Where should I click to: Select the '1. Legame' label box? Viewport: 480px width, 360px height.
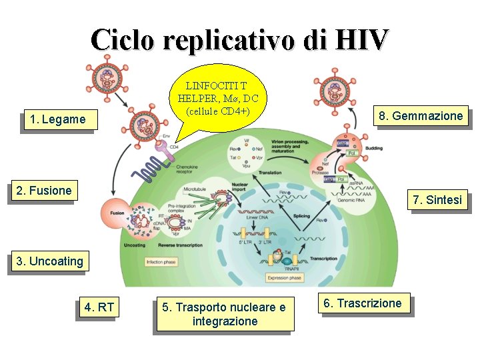[57, 119]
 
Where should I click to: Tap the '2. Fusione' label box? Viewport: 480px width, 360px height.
[44, 191]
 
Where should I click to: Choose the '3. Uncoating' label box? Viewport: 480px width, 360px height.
[51, 261]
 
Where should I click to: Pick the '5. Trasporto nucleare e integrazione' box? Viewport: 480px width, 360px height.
[224, 315]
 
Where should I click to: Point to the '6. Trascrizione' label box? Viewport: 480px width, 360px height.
[363, 304]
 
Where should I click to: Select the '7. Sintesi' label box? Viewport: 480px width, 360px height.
[437, 200]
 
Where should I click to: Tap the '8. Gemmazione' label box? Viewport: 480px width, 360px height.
[421, 116]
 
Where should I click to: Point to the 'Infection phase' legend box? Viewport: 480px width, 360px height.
[162, 262]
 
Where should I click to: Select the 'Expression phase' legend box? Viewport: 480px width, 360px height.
[285, 277]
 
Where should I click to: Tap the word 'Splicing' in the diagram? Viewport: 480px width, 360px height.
[301, 217]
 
